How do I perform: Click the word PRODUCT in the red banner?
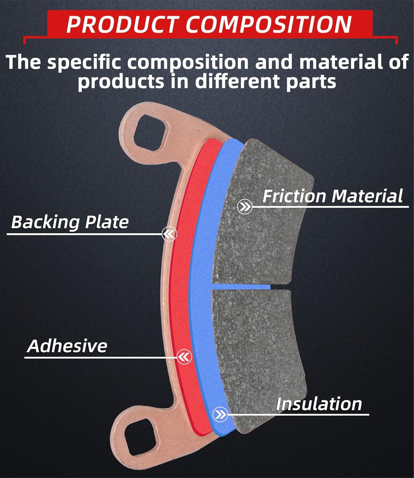pos(121,24)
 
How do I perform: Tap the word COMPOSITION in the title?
pos(269,24)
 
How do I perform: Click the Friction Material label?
pos(332,196)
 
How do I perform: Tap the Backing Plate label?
pos(70,222)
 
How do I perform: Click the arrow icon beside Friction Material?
pos(245,207)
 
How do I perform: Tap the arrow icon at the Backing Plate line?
pos(169,235)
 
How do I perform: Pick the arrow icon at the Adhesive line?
pos(184,357)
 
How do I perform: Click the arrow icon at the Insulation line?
pos(220,414)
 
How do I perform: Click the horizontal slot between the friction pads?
pos(242,287)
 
